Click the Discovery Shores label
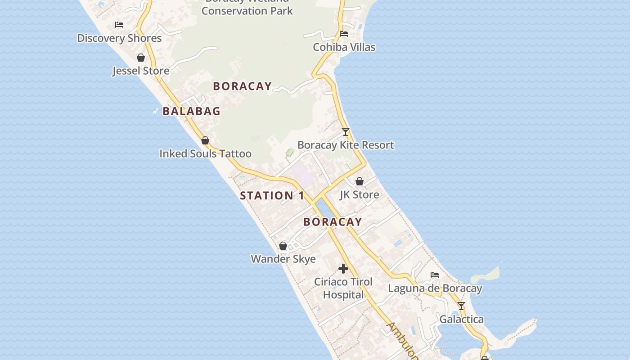click(x=119, y=38)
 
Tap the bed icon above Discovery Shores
click(x=119, y=24)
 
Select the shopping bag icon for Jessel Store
click(x=141, y=58)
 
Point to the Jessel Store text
click(x=141, y=71)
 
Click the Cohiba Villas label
click(x=344, y=47)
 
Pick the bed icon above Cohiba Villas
click(x=344, y=33)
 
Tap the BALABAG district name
click(x=191, y=111)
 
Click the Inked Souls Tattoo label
click(x=205, y=154)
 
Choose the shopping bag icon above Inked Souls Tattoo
click(x=205, y=140)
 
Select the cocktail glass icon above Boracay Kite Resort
click(x=346, y=131)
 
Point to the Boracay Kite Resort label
click(x=346, y=145)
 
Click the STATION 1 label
click(x=272, y=196)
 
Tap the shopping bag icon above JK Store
click(x=360, y=181)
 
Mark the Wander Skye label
click(x=283, y=259)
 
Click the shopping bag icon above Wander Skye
click(x=283, y=246)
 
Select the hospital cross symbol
click(x=343, y=269)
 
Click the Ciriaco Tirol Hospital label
click(x=343, y=288)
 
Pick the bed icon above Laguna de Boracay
click(x=435, y=274)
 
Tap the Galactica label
click(x=461, y=319)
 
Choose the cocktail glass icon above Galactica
click(x=461, y=306)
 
